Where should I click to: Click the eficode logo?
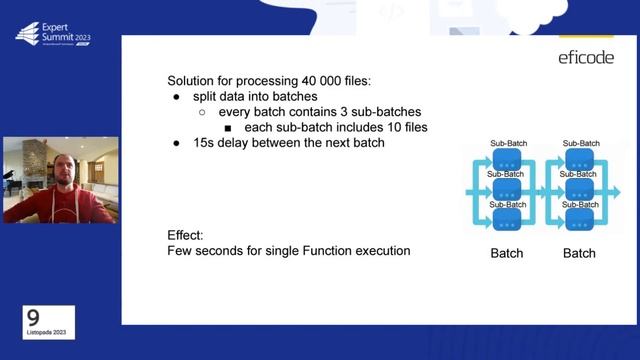pos(586,58)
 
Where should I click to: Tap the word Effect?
pos(186,235)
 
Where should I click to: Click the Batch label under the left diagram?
pos(507,253)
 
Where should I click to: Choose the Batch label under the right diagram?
pos(579,253)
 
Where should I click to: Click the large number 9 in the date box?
pos(33,315)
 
